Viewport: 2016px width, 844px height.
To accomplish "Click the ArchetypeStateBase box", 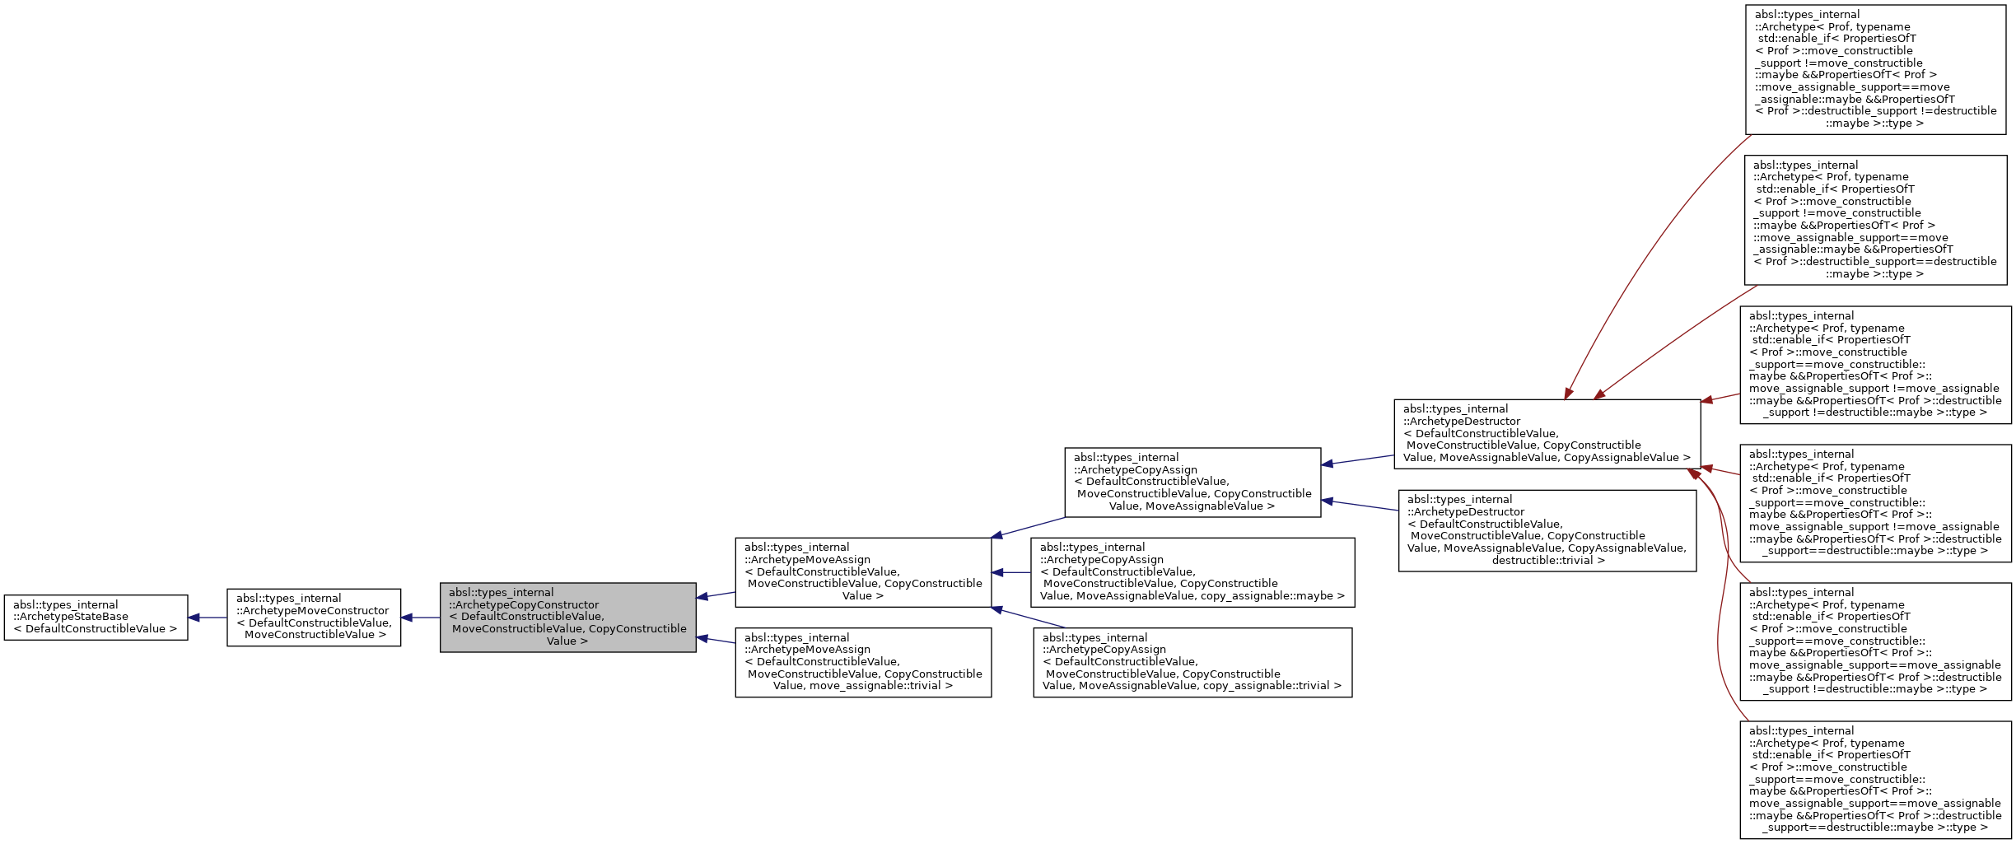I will coord(96,617).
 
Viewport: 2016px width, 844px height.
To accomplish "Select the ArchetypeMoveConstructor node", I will coord(314,617).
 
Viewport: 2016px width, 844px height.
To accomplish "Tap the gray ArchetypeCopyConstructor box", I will coord(567,617).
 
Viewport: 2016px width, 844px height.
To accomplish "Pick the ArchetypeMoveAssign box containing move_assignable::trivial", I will coord(863,662).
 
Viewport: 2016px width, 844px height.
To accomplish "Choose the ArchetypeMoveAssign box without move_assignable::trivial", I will coord(863,572).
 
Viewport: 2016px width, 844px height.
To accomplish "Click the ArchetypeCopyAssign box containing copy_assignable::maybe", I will coord(1192,572).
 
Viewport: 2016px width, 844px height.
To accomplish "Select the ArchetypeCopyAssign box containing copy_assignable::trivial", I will coord(1192,662).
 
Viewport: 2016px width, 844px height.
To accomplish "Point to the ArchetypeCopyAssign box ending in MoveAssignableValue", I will coord(1192,482).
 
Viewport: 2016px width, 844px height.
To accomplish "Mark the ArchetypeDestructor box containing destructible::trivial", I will coord(1547,530).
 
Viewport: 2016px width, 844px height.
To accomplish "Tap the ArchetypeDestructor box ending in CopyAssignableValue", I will coord(1547,434).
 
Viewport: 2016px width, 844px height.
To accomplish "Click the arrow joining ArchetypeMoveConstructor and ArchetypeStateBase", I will coord(208,618).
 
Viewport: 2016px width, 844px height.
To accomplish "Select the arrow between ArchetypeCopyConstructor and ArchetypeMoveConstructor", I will coord(421,618).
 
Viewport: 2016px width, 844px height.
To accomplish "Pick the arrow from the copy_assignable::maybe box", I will coord(1012,572).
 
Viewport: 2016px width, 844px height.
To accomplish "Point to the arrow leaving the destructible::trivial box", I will coord(1360,505).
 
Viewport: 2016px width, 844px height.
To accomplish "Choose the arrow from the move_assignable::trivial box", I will coord(716,640).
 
